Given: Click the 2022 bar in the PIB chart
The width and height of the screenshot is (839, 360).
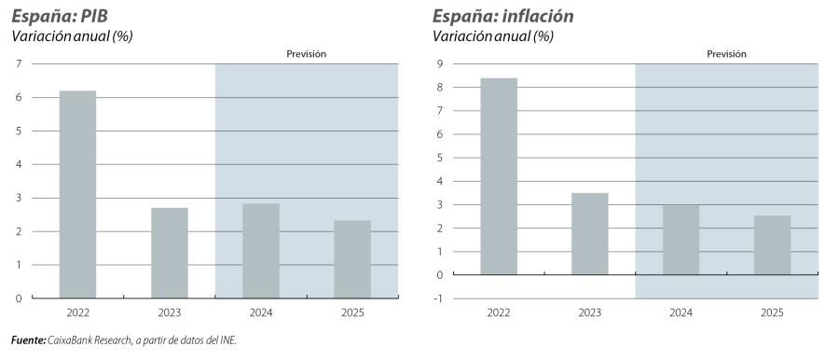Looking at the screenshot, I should (77, 194).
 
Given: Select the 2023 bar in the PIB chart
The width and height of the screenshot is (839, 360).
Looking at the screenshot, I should (169, 253).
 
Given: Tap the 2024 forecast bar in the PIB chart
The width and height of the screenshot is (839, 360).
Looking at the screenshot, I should (260, 250).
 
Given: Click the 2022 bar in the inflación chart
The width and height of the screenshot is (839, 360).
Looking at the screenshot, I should (499, 176).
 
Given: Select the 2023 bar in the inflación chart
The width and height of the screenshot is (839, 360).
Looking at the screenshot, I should (589, 233).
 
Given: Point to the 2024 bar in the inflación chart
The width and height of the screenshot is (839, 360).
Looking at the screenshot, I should (681, 240).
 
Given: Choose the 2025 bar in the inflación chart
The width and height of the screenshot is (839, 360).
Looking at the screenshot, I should (772, 244).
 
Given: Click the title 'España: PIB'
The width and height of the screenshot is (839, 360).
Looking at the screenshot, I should (57, 16).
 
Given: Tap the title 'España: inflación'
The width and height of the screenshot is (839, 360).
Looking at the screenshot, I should (502, 16).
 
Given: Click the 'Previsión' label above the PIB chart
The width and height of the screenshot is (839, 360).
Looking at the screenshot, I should (306, 54).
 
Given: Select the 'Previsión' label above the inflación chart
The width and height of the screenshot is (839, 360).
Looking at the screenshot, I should (726, 54).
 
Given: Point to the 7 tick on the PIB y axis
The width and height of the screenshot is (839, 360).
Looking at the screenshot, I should (19, 63).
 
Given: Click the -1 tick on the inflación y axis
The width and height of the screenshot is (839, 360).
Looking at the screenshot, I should (438, 298).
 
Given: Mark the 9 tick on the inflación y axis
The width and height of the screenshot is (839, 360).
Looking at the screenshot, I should (440, 63).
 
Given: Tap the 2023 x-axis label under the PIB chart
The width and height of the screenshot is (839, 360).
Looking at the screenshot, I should (169, 313).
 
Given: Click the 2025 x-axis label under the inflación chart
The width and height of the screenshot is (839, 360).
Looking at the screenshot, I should (772, 313).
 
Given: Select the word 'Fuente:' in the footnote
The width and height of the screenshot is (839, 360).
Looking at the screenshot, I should (28, 340).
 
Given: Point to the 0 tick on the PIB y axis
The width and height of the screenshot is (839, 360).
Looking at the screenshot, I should (19, 298).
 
